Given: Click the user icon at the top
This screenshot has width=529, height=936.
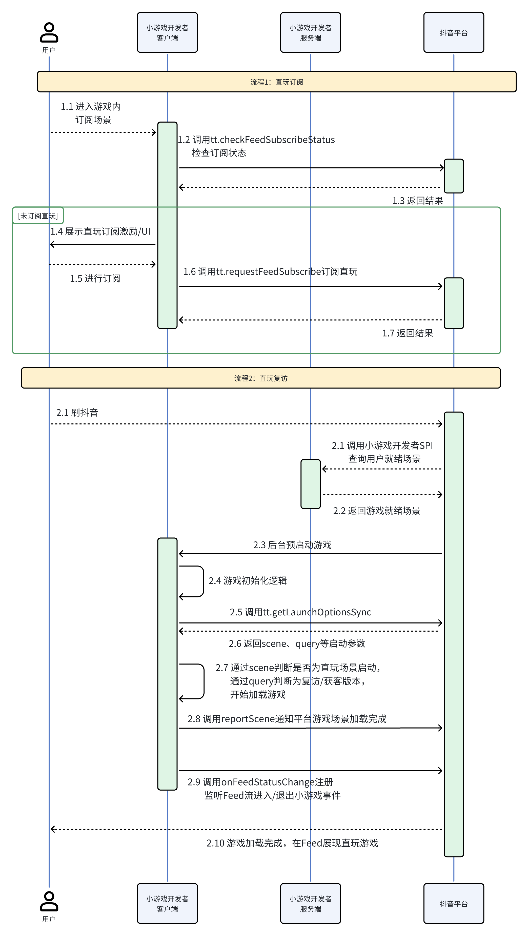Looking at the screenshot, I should click(49, 32).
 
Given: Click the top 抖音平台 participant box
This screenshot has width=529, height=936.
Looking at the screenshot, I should click(453, 33).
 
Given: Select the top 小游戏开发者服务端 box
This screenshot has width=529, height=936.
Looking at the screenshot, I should click(310, 33).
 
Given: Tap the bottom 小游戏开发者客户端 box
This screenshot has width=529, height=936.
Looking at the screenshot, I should click(167, 904).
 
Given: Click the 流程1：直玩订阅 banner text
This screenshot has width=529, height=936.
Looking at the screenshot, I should click(276, 82).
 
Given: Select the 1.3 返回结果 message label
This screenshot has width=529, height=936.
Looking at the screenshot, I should click(417, 201).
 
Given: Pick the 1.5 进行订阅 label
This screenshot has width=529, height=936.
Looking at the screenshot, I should click(95, 278).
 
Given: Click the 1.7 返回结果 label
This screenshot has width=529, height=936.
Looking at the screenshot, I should click(407, 333).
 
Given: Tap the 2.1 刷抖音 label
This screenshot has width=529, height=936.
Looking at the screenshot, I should click(77, 413).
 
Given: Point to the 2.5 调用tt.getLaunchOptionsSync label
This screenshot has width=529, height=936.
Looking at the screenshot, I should click(300, 612).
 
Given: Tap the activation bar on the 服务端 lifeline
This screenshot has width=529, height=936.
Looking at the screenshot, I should click(310, 484).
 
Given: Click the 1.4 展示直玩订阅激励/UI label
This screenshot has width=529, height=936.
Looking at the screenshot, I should click(100, 231).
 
